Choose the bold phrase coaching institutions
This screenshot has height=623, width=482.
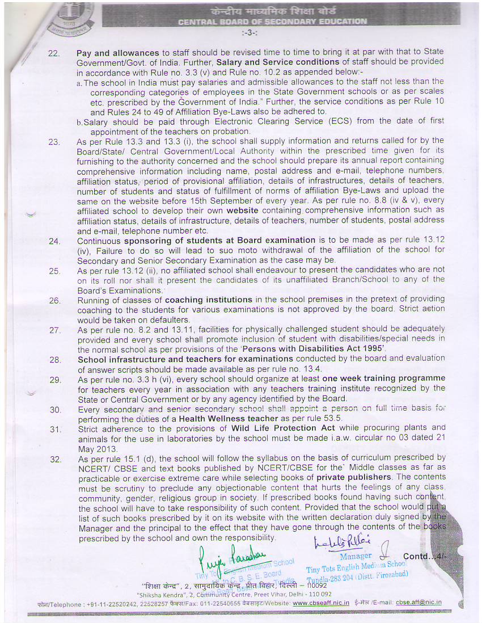click(208, 300)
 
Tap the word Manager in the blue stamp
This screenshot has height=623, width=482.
click(356, 557)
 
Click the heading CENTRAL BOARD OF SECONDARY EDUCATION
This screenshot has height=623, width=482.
click(272, 22)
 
